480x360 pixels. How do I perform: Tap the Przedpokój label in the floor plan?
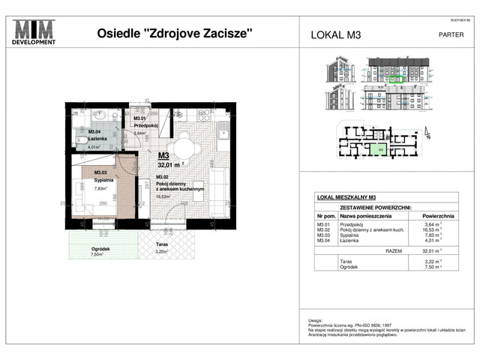[144, 126]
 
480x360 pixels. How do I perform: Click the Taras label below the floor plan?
[163, 244]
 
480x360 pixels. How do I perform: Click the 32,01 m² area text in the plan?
[171, 166]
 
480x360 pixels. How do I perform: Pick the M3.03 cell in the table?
[323, 235]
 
